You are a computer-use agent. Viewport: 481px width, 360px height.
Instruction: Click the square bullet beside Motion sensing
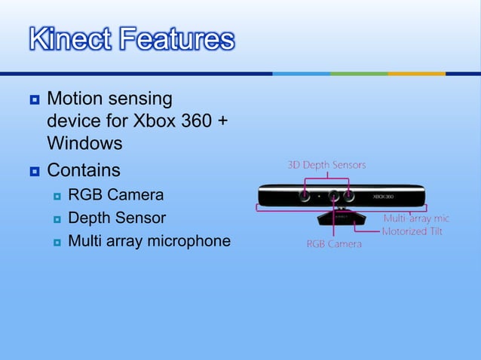tap(34, 99)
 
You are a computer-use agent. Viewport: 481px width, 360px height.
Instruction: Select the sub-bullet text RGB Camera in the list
tap(115, 195)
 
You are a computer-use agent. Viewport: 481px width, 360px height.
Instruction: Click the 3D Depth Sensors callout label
tap(326, 165)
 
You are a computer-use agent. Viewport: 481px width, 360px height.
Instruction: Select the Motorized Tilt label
tap(412, 231)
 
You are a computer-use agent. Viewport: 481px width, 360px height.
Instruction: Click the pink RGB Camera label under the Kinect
tap(333, 244)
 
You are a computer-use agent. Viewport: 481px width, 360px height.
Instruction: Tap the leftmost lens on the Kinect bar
tap(303, 195)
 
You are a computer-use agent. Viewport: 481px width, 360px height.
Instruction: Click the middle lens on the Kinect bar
tap(332, 195)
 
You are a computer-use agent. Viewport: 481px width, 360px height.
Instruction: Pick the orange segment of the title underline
tap(416, 73)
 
